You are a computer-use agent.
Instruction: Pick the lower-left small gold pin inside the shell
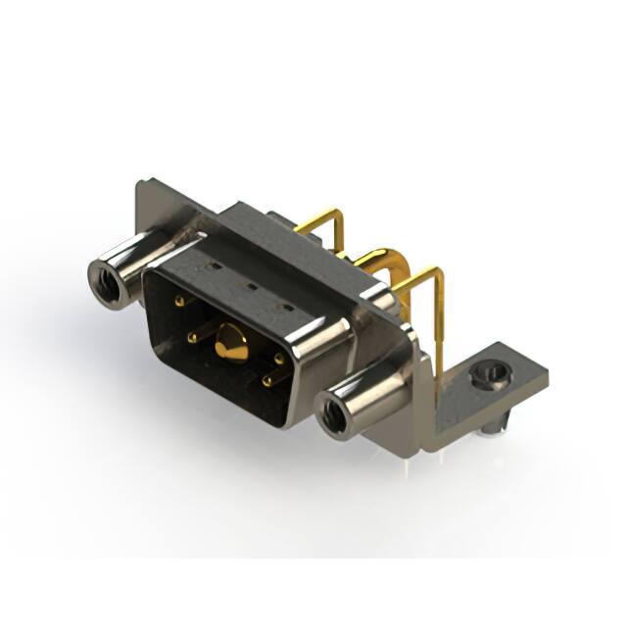click(x=192, y=338)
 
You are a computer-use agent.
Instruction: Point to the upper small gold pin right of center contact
click(x=279, y=359)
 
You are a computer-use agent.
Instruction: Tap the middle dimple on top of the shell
click(x=249, y=288)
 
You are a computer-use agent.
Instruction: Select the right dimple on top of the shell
click(x=286, y=308)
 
